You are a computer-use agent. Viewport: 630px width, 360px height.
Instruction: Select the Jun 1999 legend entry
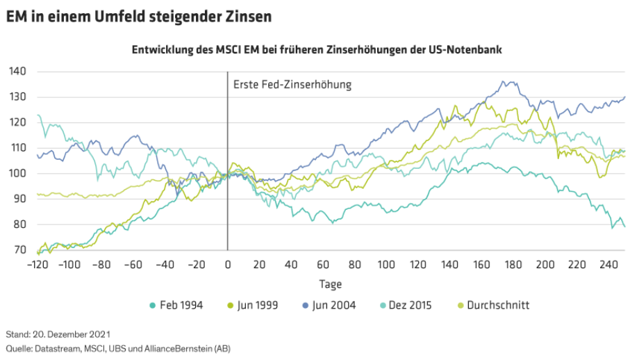click(x=253, y=304)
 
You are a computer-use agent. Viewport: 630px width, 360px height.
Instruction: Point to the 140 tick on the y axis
click(x=17, y=71)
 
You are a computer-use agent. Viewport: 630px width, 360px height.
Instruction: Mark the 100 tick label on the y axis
click(x=17, y=173)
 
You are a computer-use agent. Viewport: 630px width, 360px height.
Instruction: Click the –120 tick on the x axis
click(x=37, y=264)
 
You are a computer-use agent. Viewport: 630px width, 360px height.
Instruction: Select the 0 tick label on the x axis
click(x=227, y=264)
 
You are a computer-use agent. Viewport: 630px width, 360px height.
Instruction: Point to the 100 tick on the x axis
click(x=386, y=264)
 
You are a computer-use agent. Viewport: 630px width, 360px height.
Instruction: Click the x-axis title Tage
click(x=330, y=284)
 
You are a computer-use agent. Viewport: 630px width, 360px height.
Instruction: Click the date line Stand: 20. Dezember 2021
click(x=58, y=334)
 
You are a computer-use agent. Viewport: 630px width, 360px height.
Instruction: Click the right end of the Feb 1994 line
click(x=624, y=227)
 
